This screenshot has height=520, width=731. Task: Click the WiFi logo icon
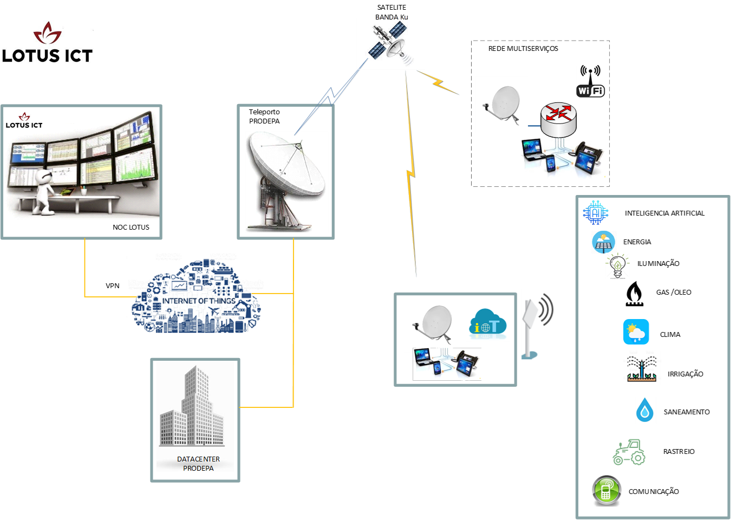590,82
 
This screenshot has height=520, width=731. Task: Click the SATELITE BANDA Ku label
391,12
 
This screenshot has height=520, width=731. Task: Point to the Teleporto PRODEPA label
264,116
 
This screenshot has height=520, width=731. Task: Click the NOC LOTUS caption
130,227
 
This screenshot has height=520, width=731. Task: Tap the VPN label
112,285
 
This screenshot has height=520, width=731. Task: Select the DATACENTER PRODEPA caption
198,464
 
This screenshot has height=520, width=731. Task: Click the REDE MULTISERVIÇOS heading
523,49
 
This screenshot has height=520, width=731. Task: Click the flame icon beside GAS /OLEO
634,294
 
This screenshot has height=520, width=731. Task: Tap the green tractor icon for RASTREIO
629,452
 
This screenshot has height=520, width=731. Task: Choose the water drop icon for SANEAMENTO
644,410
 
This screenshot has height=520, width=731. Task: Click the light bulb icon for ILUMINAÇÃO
617,265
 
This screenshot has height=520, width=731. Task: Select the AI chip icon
596,213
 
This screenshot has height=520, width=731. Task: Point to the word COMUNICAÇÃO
654,492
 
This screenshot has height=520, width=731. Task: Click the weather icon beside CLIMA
636,332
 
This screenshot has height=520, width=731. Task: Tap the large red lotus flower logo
48,34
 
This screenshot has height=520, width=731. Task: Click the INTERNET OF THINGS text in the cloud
199,301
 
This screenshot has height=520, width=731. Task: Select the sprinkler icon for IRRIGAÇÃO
642,369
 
